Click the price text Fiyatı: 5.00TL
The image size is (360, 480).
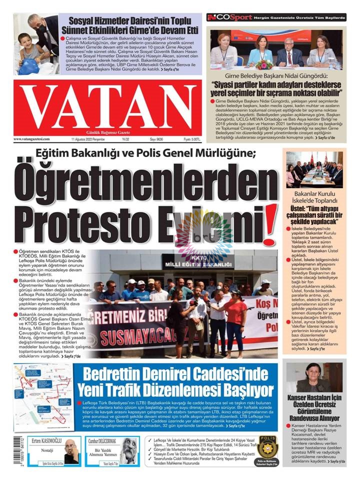[x=192, y=139]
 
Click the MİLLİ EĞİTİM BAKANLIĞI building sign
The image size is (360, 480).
[x=197, y=263]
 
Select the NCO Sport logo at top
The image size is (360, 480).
[x=219, y=17]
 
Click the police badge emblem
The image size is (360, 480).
[x=267, y=447]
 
